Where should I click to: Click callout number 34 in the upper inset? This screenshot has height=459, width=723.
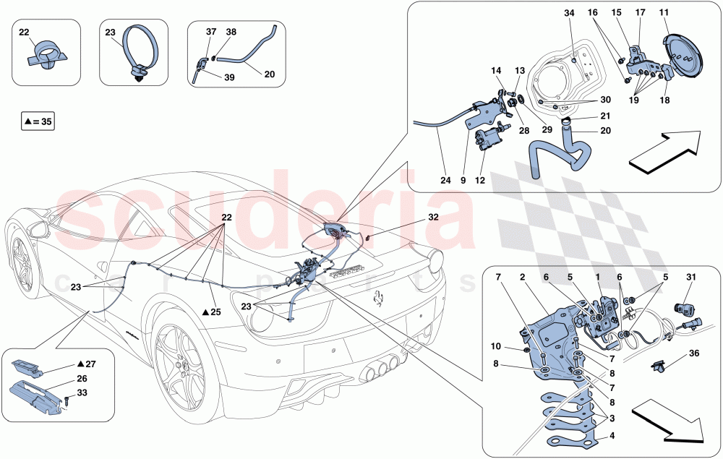coord(570,14)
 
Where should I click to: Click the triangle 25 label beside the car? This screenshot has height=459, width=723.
coord(210,312)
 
